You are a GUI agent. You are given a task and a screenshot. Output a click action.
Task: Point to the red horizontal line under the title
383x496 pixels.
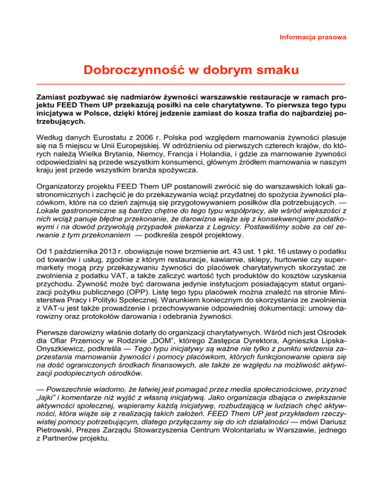tap(191, 83)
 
